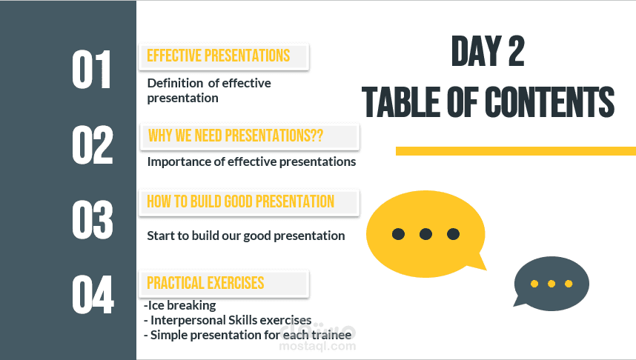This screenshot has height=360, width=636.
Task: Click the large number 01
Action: pyautogui.click(x=91, y=70)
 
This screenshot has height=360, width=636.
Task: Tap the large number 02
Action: pyautogui.click(x=93, y=144)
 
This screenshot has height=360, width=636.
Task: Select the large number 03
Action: pyautogui.click(x=93, y=220)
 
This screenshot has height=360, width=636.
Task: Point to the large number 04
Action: pyautogui.click(x=93, y=294)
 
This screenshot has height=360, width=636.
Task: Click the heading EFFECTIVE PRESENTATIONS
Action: pyautogui.click(x=218, y=56)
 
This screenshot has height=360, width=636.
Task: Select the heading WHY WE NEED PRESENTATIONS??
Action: pyautogui.click(x=236, y=136)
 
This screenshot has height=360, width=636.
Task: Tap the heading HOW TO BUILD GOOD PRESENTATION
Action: pyautogui.click(x=240, y=201)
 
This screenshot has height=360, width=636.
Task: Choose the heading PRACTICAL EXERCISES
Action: pyautogui.click(x=205, y=283)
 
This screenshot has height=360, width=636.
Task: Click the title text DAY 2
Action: pyautogui.click(x=488, y=51)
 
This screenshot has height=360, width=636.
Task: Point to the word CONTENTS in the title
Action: pyautogui.click(x=549, y=101)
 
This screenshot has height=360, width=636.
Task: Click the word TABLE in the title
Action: pyautogui.click(x=401, y=101)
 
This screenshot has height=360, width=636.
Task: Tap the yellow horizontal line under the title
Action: pyautogui.click(x=516, y=151)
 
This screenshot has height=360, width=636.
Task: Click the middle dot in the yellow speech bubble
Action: pyautogui.click(x=425, y=234)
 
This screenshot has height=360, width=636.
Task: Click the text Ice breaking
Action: pyautogui.click(x=182, y=305)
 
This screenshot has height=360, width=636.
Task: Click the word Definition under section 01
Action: pyautogui.click(x=175, y=83)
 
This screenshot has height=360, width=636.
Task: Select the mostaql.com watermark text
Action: pyautogui.click(x=317, y=346)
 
